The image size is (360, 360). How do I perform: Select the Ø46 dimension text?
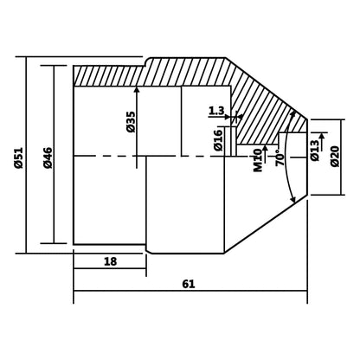click(48, 157)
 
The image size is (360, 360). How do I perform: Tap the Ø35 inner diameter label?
click(130, 121)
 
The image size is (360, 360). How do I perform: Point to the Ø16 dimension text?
click(219, 140)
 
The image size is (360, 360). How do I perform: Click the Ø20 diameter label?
click(335, 157)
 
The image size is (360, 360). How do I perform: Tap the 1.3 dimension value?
click(216, 111)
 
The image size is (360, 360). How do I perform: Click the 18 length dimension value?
click(110, 261)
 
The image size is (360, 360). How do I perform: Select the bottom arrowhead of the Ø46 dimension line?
click(56, 241)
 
